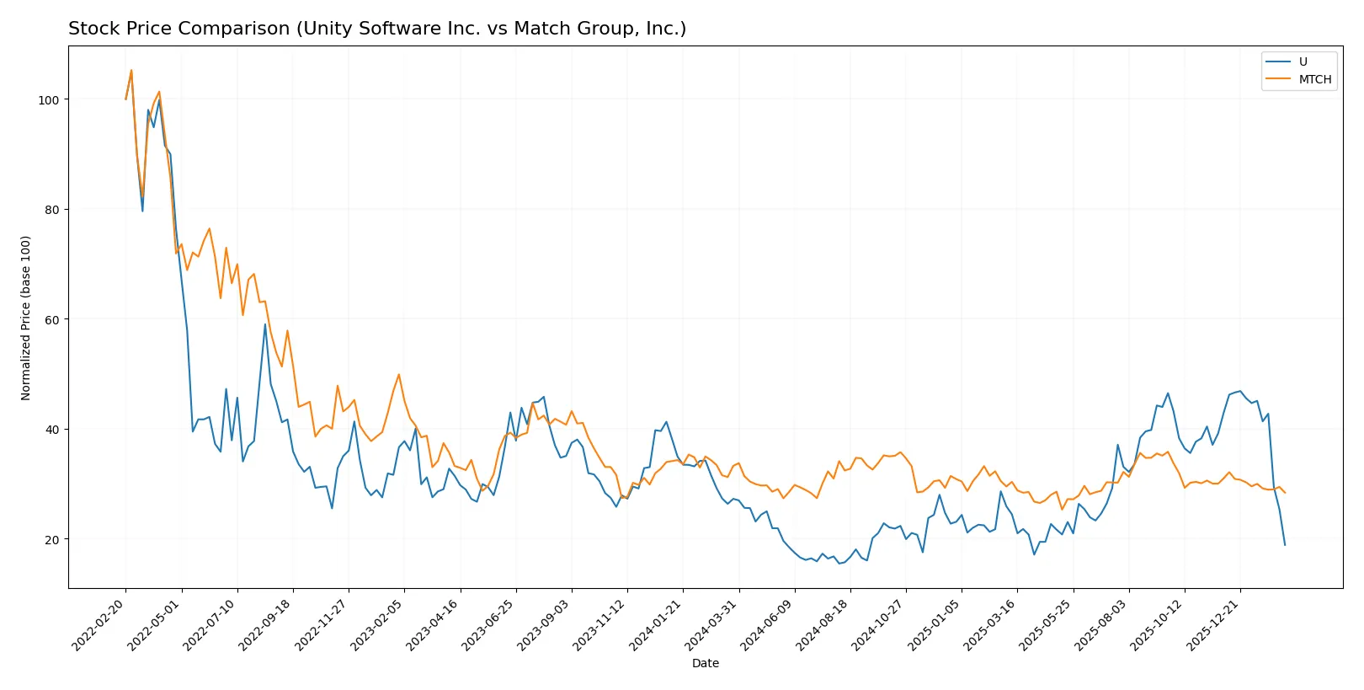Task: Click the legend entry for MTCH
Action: coord(1314,79)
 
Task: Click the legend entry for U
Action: coord(1303,62)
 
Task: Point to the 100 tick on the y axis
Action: coord(49,99)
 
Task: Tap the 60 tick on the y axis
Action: coord(52,319)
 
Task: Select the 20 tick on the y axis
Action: coord(52,539)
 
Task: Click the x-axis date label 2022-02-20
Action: coord(99,625)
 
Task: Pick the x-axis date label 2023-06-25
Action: coord(489,625)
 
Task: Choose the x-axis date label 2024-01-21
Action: coord(656,625)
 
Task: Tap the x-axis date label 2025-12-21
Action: coord(1213,625)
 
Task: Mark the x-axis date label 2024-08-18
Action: coord(823,625)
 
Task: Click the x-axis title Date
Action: coord(705,663)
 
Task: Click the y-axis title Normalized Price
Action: coord(26,318)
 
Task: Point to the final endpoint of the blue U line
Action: coord(1285,545)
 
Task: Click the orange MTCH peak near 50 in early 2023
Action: coord(398,375)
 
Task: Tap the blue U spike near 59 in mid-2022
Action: coord(265,324)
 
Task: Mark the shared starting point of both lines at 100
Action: coord(126,99)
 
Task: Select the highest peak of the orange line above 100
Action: coord(131,71)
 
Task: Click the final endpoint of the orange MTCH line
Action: coord(1285,493)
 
